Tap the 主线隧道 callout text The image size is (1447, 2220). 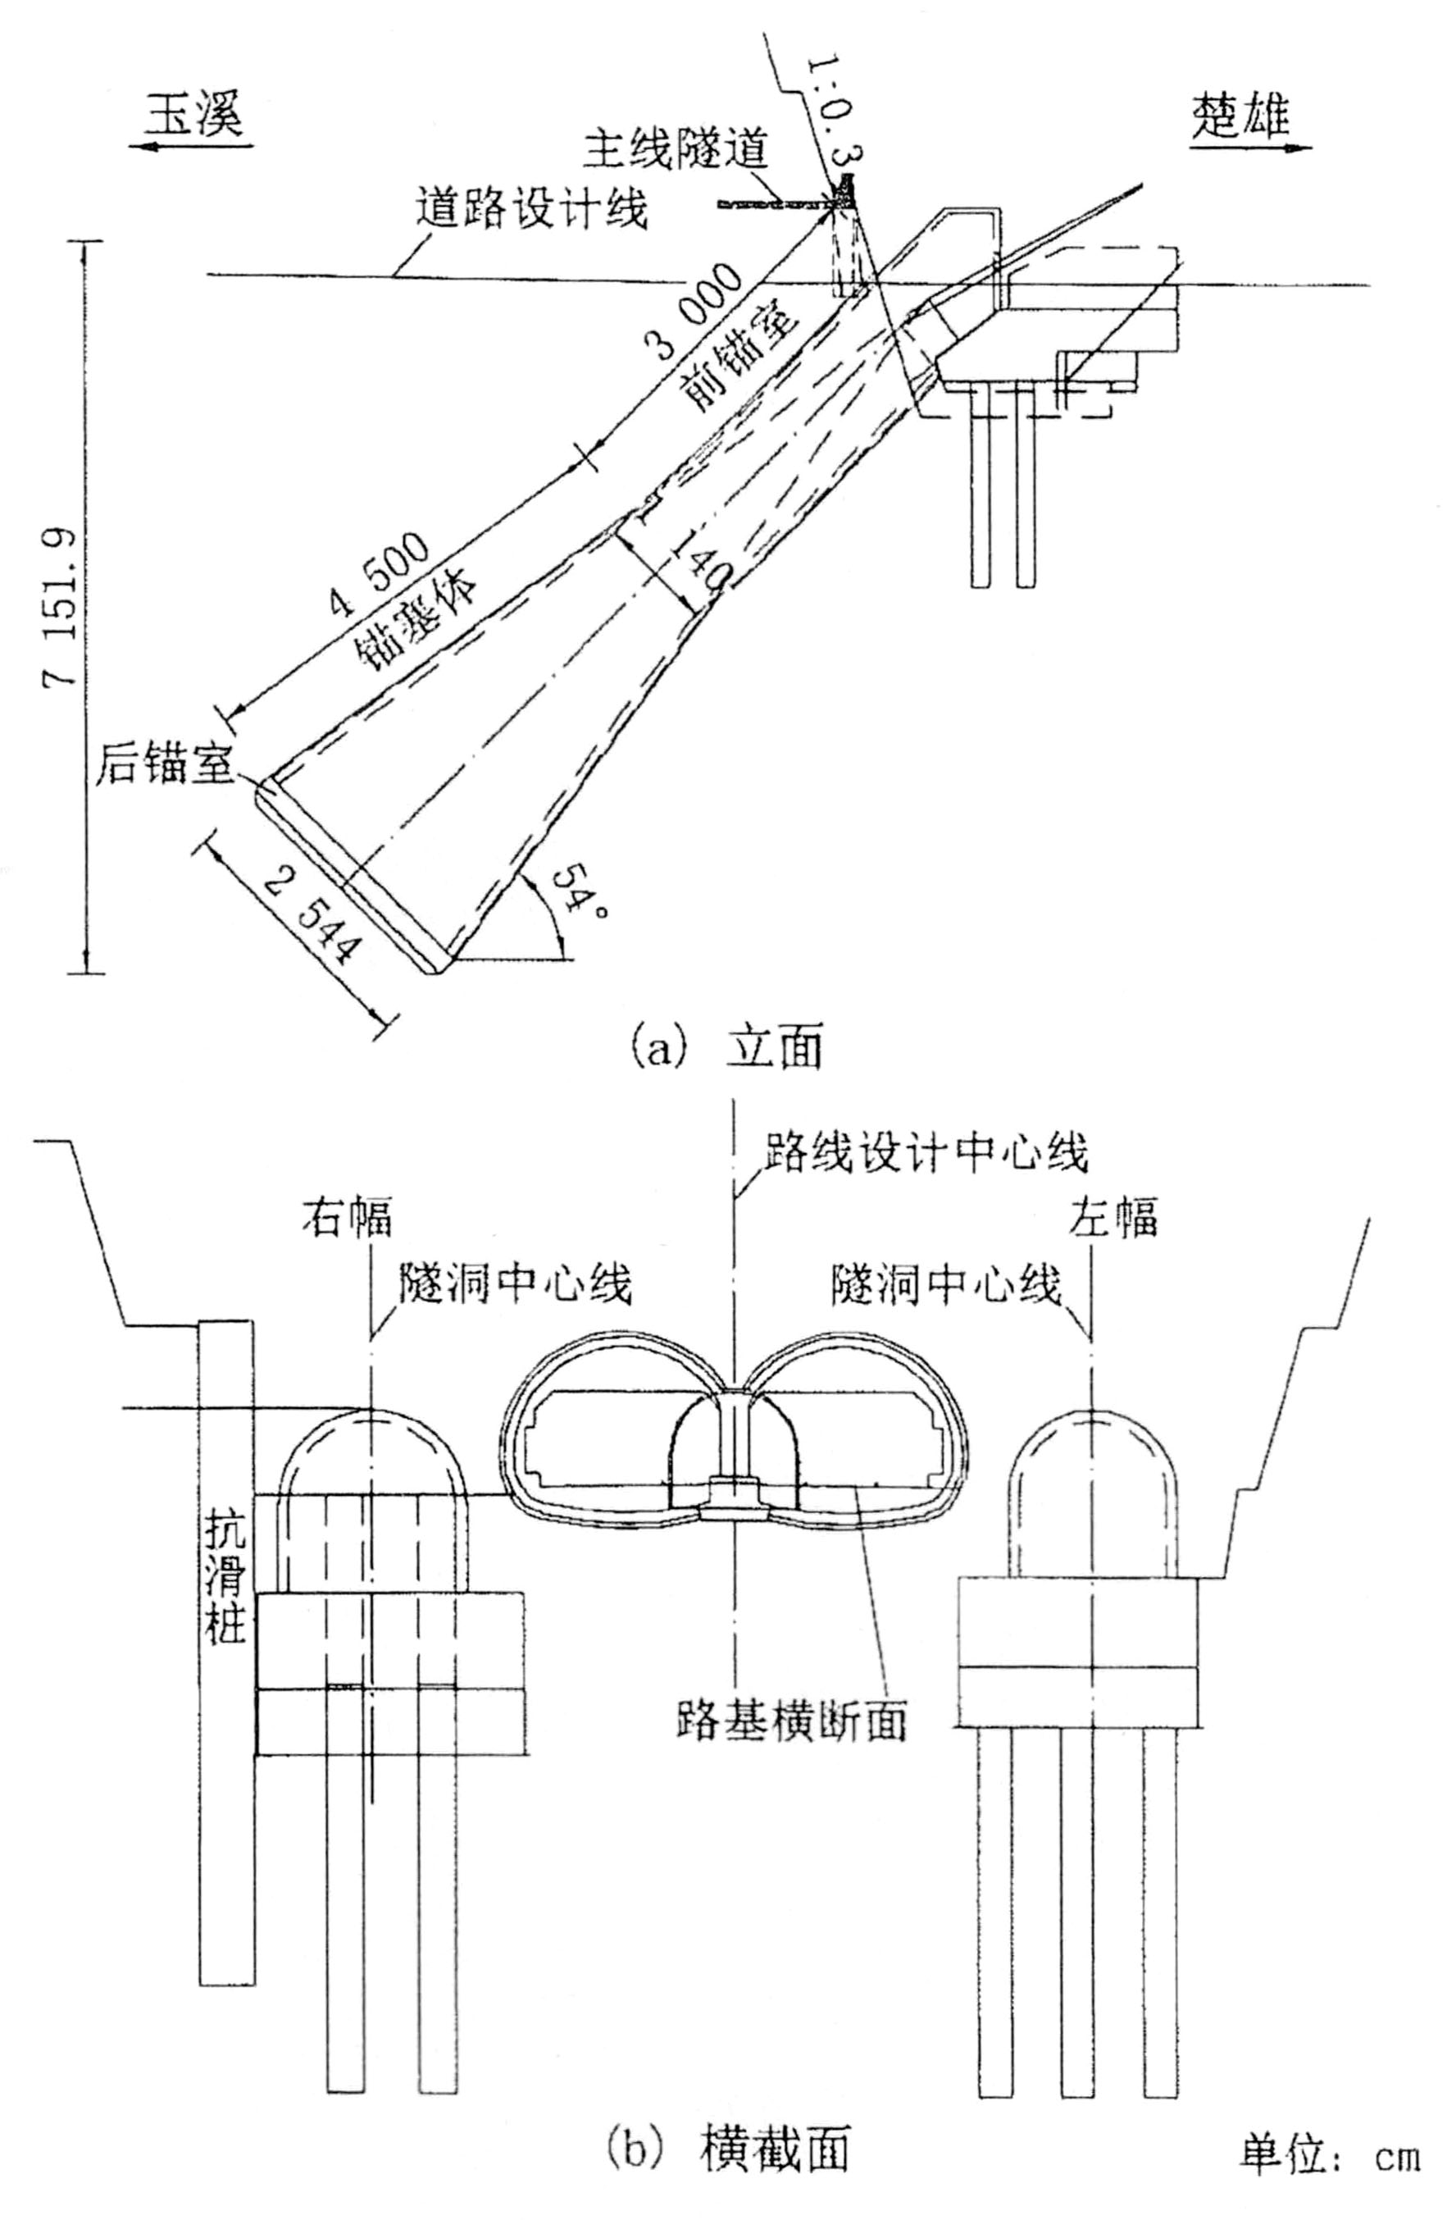coord(676,149)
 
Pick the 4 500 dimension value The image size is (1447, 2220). coord(380,577)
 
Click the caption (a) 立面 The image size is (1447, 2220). coord(727,1047)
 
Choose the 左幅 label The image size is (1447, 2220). coord(1114,1218)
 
